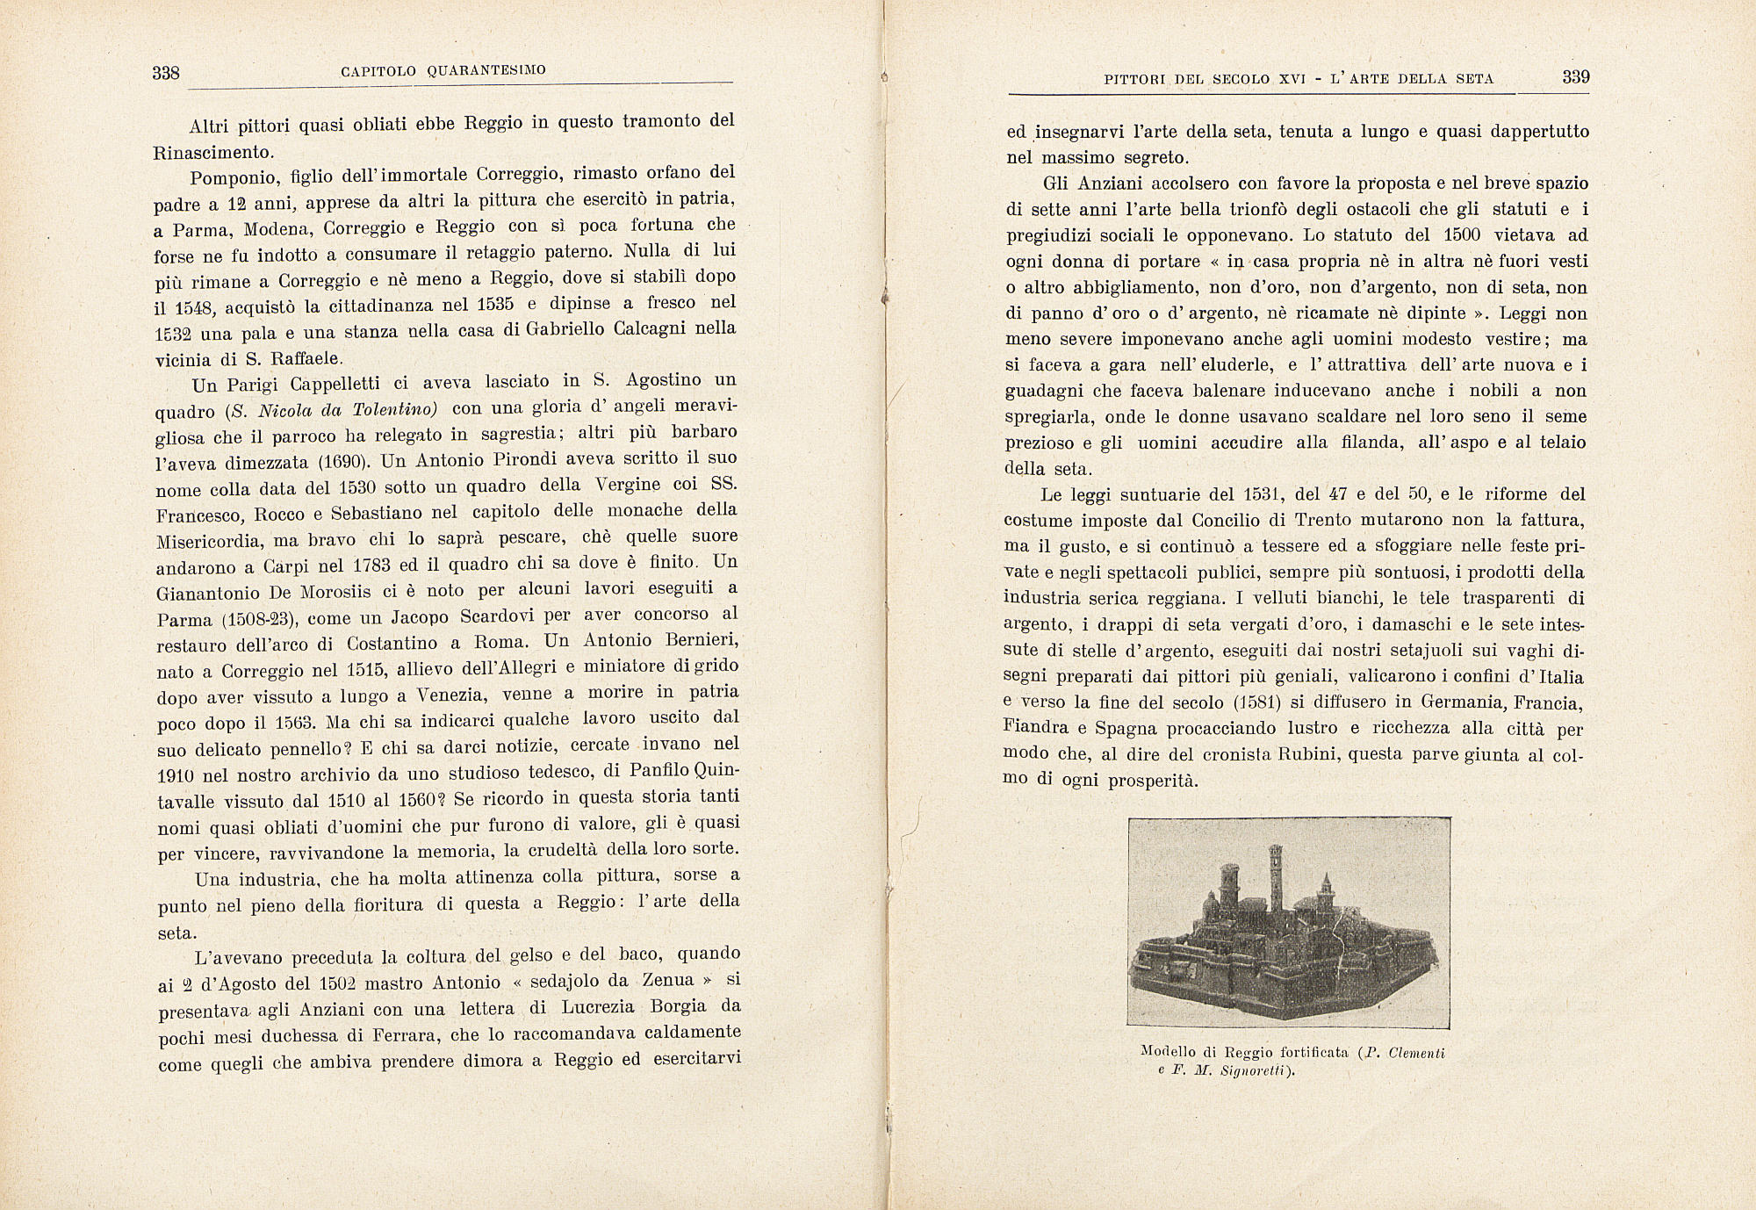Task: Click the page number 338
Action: click(x=166, y=73)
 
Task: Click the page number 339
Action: click(x=1576, y=76)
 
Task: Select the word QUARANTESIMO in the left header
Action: click(x=486, y=69)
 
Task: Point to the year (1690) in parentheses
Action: click(x=336, y=462)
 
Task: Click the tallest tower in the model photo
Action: click(x=1276, y=878)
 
